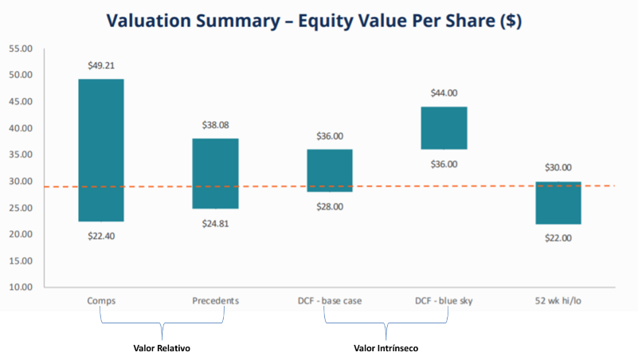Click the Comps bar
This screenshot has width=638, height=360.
pos(101,150)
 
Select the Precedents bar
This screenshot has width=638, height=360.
pos(215,174)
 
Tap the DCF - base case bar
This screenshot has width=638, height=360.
pos(330,170)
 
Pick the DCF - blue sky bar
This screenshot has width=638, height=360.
pos(444,128)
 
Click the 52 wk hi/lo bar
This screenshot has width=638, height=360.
pos(558,202)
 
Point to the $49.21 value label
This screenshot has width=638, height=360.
pos(101,65)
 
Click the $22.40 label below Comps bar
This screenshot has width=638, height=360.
pos(101,236)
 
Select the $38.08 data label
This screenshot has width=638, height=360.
pos(216,125)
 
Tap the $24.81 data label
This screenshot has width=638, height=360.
pos(216,223)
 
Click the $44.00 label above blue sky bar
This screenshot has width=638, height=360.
pos(444,93)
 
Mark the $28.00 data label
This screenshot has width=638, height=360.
pos(330,206)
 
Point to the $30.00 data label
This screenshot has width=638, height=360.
pos(558,167)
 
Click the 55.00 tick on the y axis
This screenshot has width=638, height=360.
pos(21,49)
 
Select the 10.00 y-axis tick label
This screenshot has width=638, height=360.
pos(21,288)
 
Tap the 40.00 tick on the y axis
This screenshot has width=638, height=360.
pos(21,128)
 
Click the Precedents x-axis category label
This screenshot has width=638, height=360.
pos(216,300)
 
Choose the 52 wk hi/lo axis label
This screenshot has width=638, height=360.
pos(558,300)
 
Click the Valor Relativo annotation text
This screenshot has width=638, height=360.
pos(162,348)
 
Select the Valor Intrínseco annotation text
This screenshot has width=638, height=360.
pos(386,348)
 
